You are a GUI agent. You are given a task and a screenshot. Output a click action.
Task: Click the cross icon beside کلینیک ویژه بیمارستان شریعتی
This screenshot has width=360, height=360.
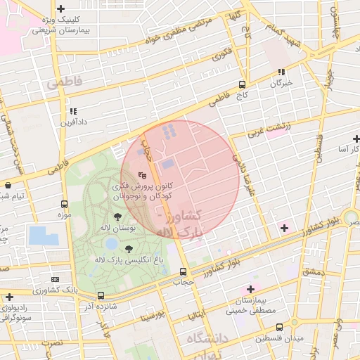(61, 9)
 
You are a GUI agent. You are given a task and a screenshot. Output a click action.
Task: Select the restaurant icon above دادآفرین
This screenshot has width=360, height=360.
(73, 110)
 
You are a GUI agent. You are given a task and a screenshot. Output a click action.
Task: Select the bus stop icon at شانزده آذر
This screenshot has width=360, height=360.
(101, 296)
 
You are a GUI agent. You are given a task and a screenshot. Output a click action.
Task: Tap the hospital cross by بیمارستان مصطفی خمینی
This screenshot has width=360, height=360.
(250, 290)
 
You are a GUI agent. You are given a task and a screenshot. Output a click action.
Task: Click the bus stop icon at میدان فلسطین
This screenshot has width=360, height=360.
(280, 328)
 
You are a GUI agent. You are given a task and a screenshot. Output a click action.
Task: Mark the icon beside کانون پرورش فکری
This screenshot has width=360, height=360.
(142, 175)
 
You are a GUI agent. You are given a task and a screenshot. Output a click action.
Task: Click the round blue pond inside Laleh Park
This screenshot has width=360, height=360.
(111, 243)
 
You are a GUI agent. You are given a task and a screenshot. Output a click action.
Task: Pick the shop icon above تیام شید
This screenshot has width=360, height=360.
(8, 185)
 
